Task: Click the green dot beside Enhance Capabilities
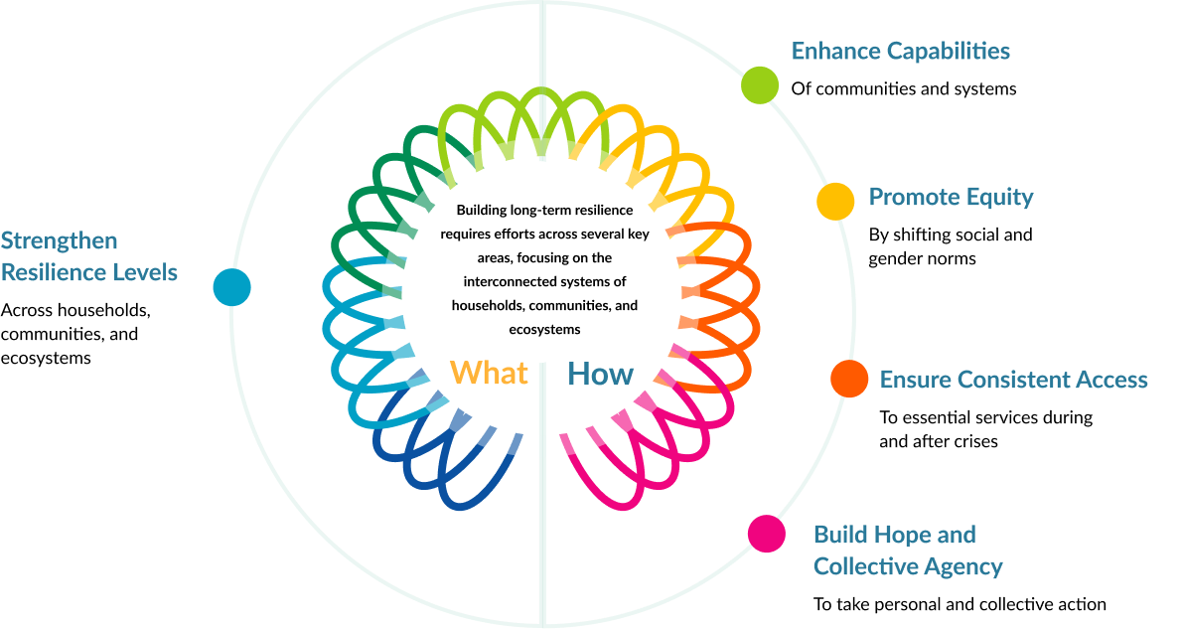(x=760, y=84)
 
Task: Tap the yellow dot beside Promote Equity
(x=835, y=201)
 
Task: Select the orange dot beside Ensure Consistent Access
(x=849, y=379)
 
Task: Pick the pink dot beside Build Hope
(x=767, y=533)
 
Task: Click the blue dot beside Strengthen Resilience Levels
(x=231, y=287)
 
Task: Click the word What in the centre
(x=489, y=373)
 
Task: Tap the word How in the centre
(x=600, y=374)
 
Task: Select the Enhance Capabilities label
(x=900, y=51)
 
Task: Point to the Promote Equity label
(x=951, y=197)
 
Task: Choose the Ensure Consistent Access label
(x=1013, y=379)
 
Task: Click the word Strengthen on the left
(x=59, y=240)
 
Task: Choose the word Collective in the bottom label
(x=859, y=567)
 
